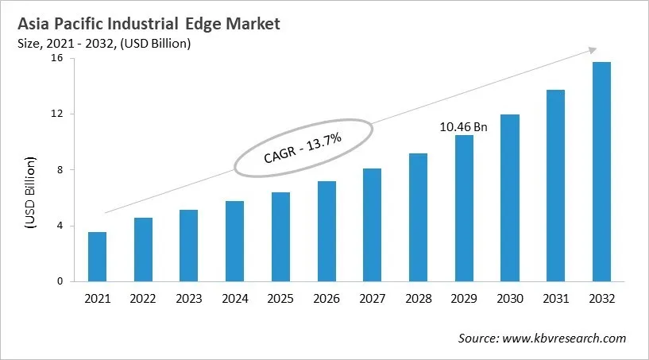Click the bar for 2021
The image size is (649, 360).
click(97, 256)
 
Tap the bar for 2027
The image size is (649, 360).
click(372, 224)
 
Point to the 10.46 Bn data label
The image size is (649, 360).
click(463, 126)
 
